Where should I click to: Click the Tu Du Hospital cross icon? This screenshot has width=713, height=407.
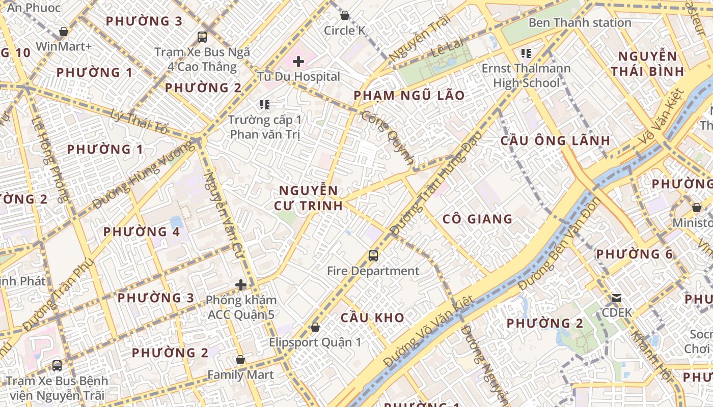point(298,62)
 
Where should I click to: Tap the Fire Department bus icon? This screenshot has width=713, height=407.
point(373,256)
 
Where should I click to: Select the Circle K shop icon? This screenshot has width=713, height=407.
point(345,15)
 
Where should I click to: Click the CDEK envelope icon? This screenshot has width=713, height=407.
point(617,298)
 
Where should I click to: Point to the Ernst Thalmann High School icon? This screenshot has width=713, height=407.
point(526,53)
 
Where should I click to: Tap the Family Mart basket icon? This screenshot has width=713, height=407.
point(240,360)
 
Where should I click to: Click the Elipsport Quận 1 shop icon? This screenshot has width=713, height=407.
point(315,327)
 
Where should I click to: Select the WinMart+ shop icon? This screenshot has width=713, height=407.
point(64,32)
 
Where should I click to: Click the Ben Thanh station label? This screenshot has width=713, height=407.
point(580,23)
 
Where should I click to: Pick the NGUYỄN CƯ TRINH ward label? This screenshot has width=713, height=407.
point(308,198)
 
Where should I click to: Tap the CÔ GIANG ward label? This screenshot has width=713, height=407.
point(477,219)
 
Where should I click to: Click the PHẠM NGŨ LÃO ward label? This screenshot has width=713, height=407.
point(409,96)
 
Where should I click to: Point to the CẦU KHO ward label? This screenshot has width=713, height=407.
point(372,318)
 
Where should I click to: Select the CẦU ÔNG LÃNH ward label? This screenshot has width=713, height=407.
point(555,141)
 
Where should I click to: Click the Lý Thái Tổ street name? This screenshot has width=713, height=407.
point(139,122)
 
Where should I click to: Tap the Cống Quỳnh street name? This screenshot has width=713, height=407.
point(388,137)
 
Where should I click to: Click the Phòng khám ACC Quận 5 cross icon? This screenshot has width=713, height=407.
point(241,285)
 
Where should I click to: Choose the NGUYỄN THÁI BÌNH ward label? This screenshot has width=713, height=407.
point(647,64)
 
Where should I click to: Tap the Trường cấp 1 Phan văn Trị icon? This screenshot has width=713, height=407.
point(264,105)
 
